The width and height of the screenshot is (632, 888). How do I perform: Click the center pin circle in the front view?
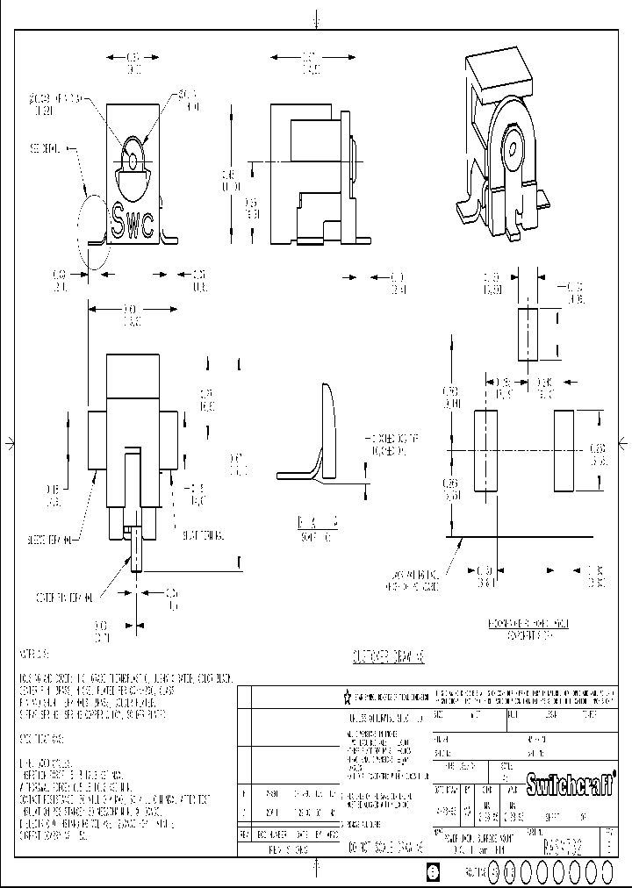click(x=131, y=161)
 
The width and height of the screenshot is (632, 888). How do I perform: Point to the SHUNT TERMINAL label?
click(x=203, y=535)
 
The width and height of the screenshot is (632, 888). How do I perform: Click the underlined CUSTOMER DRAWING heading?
click(x=382, y=655)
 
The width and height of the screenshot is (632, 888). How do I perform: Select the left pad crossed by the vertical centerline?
click(x=485, y=451)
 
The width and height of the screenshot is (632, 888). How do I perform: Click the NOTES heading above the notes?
click(x=35, y=655)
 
